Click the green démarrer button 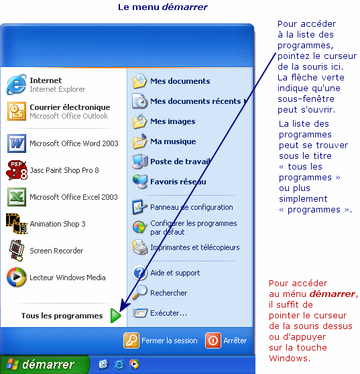pyautogui.click(x=45, y=365)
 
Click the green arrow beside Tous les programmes pyautogui.click(x=116, y=316)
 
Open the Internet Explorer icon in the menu pyautogui.click(x=16, y=84)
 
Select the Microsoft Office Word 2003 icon pyautogui.click(x=17, y=143)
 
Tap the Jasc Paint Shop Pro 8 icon pyautogui.click(x=17, y=170)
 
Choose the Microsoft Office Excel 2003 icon pyautogui.click(x=17, y=197)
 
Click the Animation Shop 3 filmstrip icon pyautogui.click(x=17, y=224)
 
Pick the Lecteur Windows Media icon pyautogui.click(x=17, y=277)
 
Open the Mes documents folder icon pyautogui.click(x=140, y=81)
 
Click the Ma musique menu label pyautogui.click(x=173, y=141)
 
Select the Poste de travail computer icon pyautogui.click(x=140, y=162)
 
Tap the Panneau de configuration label pyautogui.click(x=192, y=207)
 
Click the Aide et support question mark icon pyautogui.click(x=140, y=273)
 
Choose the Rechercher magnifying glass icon pyautogui.click(x=140, y=292)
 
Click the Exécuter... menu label pyautogui.click(x=169, y=313)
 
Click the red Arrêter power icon pyautogui.click(x=213, y=340)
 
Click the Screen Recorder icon pyautogui.click(x=17, y=251)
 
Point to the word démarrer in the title pyautogui.click(x=185, y=7)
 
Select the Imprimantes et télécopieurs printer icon pyautogui.click(x=140, y=247)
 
